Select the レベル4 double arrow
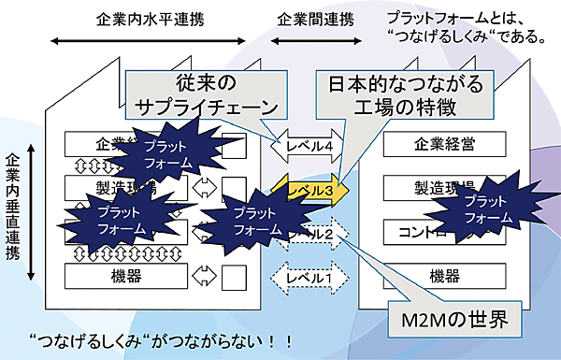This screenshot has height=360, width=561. point(308,146)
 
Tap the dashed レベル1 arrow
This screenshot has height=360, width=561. point(308,278)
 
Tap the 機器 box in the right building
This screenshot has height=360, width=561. point(438,277)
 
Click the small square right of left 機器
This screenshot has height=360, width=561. point(234,277)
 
